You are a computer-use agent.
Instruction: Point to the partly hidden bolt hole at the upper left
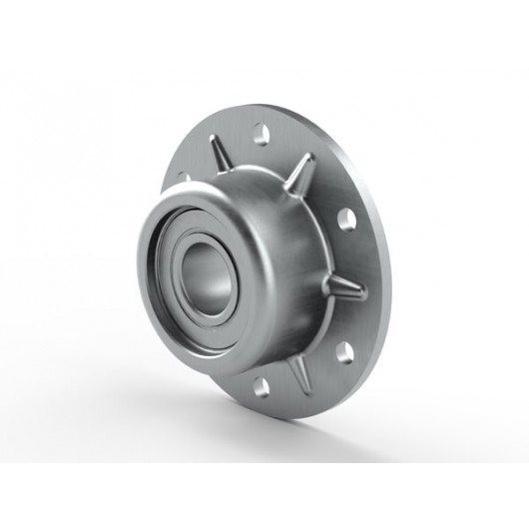[x=182, y=178]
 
